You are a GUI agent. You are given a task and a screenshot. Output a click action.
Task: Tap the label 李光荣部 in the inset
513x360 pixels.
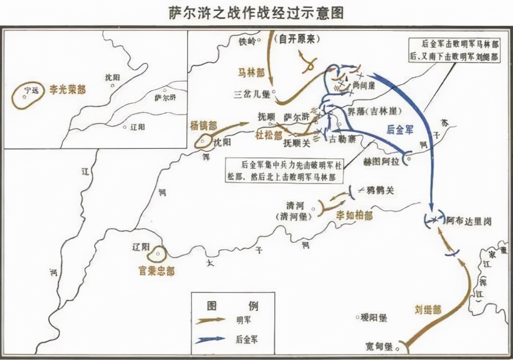pyautogui.click(x=68, y=89)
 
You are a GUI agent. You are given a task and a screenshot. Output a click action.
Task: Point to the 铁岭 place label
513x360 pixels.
pyautogui.click(x=247, y=41)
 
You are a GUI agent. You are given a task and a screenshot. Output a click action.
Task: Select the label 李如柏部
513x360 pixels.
pyautogui.click(x=354, y=216)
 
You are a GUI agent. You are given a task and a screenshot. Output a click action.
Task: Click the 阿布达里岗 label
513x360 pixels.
pyautogui.click(x=469, y=220)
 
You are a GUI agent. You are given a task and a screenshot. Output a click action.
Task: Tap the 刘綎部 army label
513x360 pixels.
pyautogui.click(x=428, y=309)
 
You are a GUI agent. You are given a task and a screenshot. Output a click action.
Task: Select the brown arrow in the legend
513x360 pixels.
pyautogui.click(x=211, y=320)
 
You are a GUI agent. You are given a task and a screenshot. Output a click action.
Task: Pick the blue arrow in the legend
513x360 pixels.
pyautogui.click(x=211, y=339)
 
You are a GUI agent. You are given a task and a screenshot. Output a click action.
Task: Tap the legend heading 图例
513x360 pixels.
pyautogui.click(x=232, y=306)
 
